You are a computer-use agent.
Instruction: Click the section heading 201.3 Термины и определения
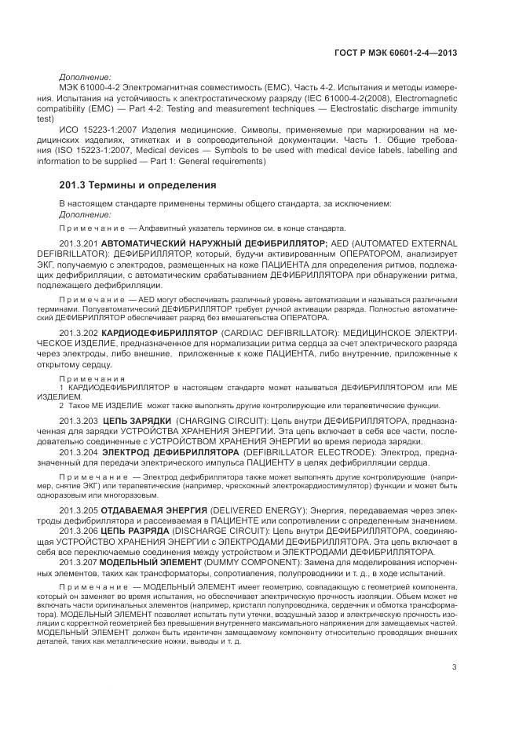pos(137,186)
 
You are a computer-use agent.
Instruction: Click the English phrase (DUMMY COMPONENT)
pos(232,561)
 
